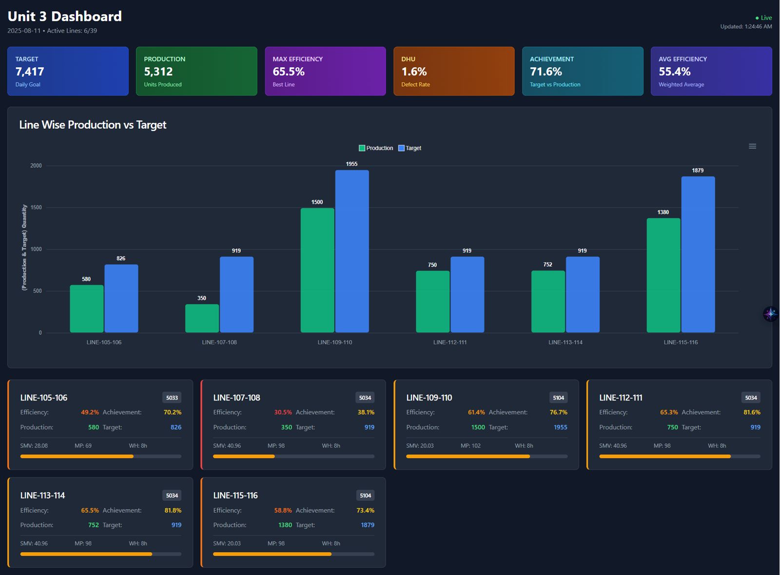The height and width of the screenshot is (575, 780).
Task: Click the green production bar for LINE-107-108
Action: point(202,318)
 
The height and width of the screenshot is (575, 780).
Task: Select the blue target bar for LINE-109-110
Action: point(352,251)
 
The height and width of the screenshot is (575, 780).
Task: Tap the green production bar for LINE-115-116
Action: point(663,275)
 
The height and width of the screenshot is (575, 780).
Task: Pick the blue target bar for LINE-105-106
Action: point(121,298)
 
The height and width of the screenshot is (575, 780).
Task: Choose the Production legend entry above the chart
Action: point(376,148)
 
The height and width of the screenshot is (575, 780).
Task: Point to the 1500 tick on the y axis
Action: point(36,208)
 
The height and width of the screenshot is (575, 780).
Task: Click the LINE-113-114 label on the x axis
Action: point(565,342)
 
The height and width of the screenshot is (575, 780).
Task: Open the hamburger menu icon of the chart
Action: point(752,146)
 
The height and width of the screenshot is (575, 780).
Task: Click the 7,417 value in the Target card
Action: point(30,72)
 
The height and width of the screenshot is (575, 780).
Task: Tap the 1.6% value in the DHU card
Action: point(414,72)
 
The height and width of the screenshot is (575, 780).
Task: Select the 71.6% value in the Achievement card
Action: point(546,72)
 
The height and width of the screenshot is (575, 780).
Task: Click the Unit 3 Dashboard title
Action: point(65,16)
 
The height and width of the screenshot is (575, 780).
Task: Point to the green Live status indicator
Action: point(763,18)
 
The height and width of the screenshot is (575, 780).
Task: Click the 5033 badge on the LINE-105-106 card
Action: point(172,398)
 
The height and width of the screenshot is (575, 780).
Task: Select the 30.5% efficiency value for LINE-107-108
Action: point(283,412)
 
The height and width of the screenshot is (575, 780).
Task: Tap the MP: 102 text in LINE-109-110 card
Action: point(470,445)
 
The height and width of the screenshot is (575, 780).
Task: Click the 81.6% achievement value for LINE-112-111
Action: point(751,412)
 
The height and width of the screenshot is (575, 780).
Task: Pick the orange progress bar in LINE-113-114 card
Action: point(86,554)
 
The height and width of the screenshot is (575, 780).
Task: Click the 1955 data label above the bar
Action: point(351,164)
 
